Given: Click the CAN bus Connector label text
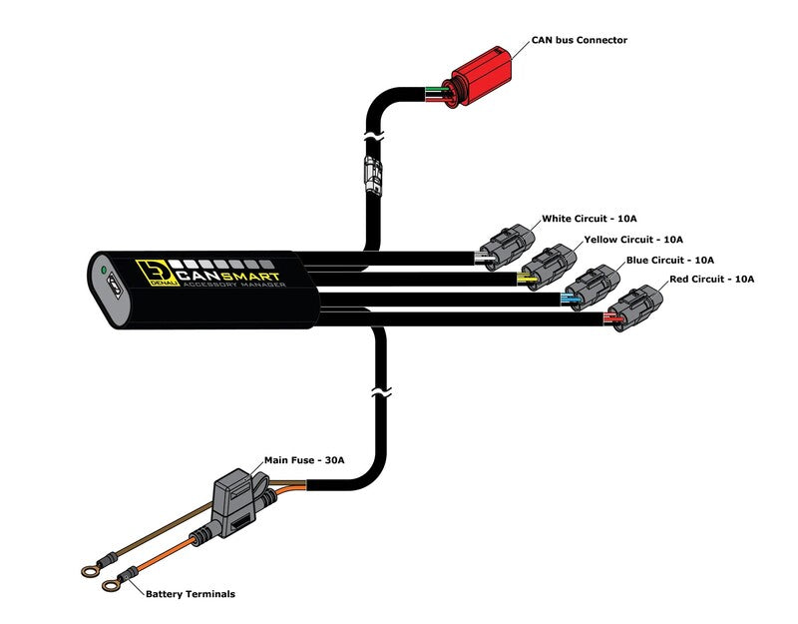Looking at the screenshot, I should (579, 40).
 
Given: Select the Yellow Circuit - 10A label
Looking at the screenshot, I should (633, 240).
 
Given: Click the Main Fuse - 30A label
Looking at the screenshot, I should (303, 460).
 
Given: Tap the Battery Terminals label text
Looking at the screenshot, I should (191, 594).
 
